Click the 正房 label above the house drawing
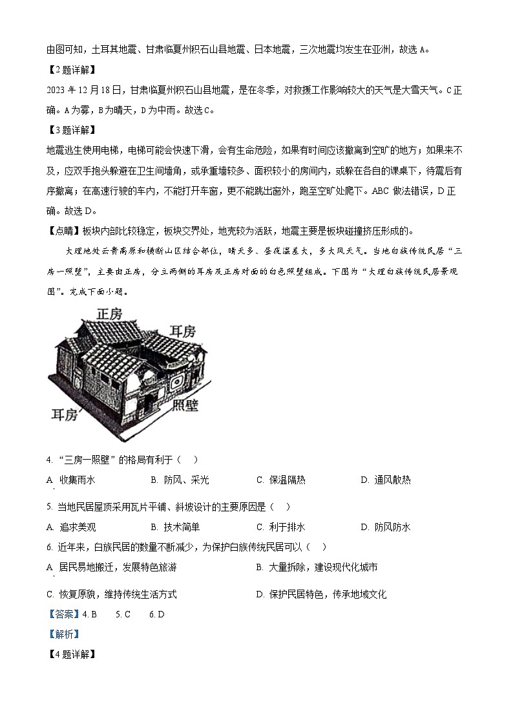(109, 314)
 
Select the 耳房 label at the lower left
(65, 414)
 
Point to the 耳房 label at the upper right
(182, 331)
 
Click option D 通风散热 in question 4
(385, 480)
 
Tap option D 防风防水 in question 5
(385, 527)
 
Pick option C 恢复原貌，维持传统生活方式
(111, 594)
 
